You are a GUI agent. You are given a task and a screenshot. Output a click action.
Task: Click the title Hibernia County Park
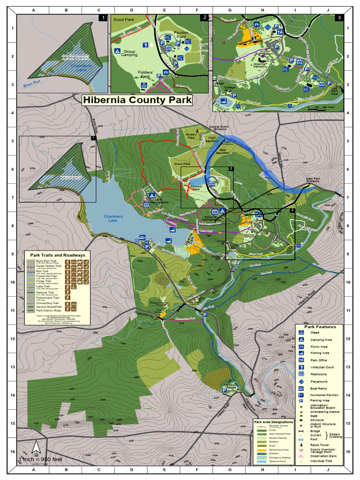click(137, 100)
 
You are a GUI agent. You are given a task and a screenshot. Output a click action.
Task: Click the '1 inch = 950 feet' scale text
click(40, 459)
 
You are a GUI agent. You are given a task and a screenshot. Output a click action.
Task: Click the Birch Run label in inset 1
click(32, 85)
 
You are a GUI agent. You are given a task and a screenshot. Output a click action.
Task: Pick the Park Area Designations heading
click(274, 421)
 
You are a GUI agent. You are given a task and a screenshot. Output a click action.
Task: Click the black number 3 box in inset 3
click(340, 18)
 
